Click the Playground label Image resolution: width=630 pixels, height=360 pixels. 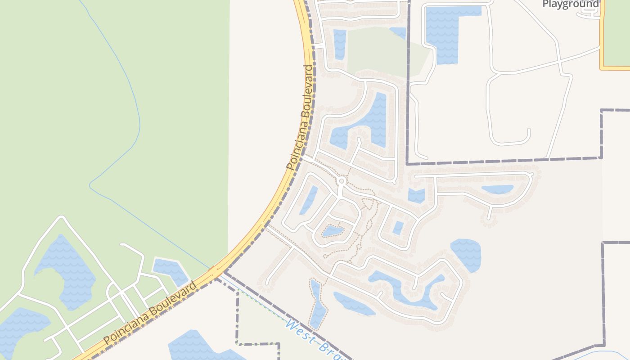point(571,4)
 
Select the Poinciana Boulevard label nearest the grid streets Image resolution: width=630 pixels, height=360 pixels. point(150,314)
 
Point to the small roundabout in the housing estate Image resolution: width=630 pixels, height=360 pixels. point(341,181)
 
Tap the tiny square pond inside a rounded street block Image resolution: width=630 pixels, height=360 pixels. point(398,228)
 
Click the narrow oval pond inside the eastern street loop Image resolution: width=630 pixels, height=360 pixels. point(497,189)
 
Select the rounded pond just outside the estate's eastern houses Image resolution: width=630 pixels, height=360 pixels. point(467,254)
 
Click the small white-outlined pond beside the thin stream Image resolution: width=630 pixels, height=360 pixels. point(171,270)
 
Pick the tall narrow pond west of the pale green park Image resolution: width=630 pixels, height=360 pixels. point(340,44)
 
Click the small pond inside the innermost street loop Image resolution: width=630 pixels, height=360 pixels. point(333,231)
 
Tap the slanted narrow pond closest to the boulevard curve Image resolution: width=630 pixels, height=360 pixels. point(309,199)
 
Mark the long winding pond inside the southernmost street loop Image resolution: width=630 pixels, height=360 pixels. point(405,288)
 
